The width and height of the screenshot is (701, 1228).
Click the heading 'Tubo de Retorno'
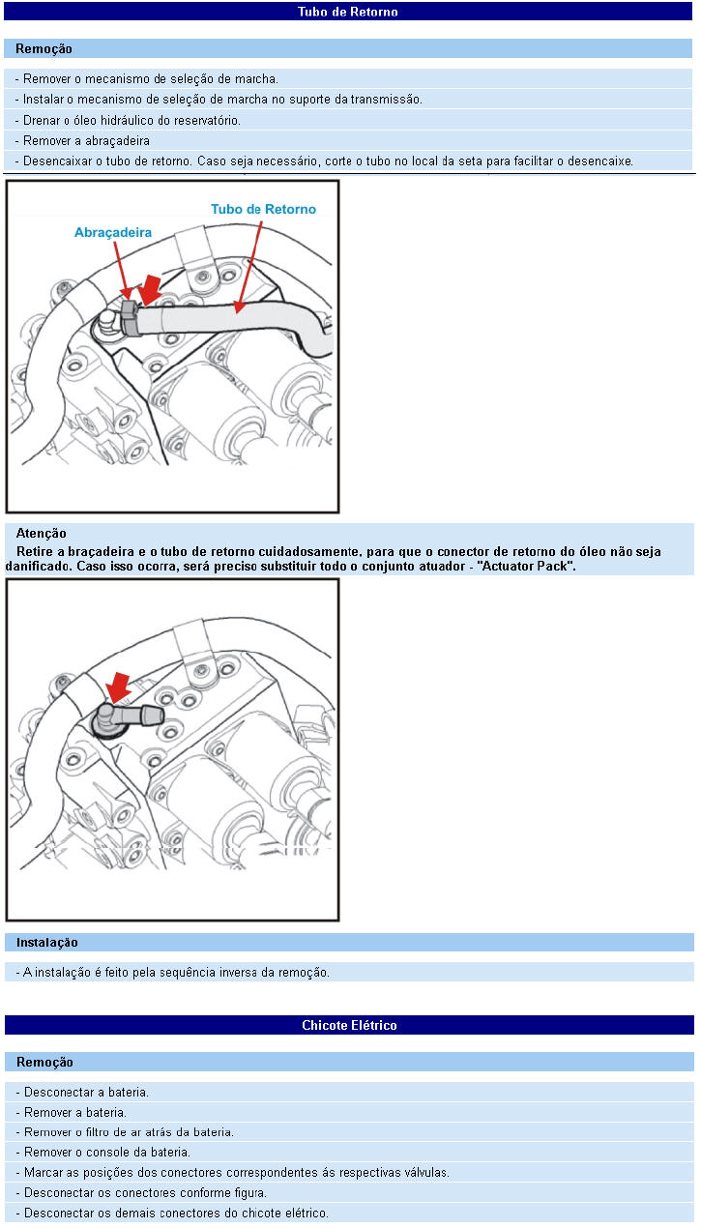point(348,12)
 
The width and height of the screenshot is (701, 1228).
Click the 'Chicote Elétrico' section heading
point(349,1025)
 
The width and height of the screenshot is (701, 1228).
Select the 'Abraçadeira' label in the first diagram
point(113,233)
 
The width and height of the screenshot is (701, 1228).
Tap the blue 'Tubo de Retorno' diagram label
point(263,209)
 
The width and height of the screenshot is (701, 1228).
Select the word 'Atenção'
point(42,533)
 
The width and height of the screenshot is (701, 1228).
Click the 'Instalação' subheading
point(47,943)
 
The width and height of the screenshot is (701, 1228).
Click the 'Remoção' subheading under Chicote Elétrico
point(44,1062)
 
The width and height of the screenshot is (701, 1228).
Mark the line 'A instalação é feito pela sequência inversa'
point(173,972)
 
